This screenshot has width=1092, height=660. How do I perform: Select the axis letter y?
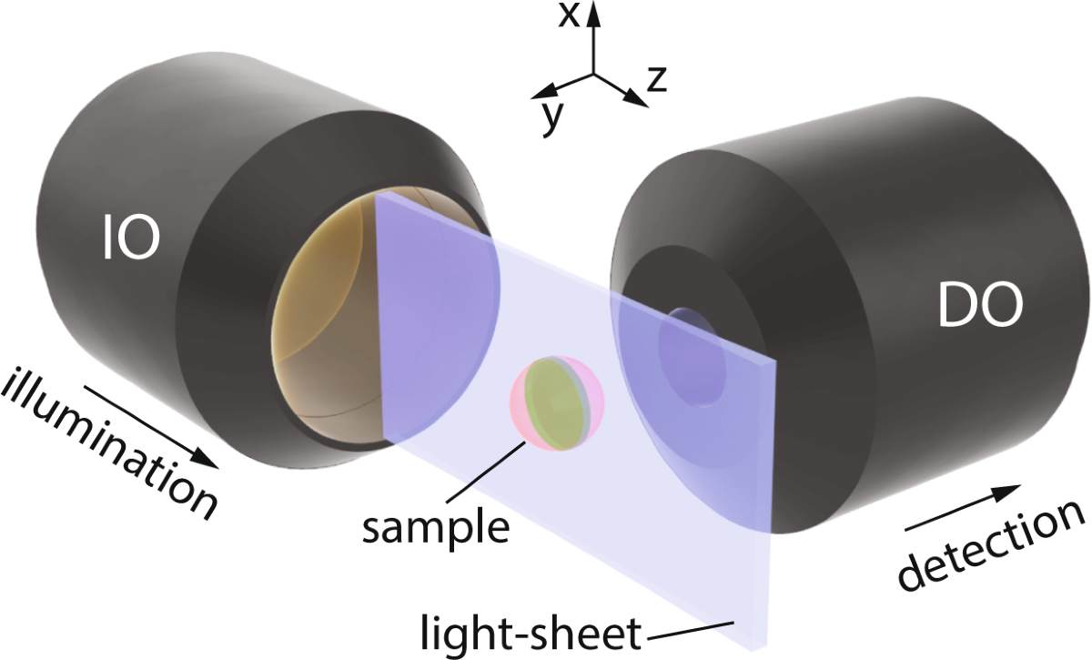[549, 117]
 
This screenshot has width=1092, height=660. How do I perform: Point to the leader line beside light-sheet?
[691, 629]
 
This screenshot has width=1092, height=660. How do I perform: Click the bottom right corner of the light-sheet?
[767, 648]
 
